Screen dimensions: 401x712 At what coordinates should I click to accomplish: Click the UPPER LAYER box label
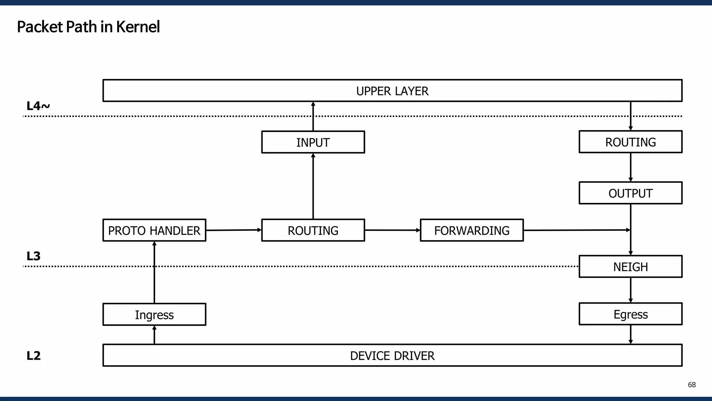(392, 91)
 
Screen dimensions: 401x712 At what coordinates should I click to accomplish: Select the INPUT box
(313, 142)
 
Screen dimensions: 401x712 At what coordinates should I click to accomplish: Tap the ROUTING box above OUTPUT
(630, 142)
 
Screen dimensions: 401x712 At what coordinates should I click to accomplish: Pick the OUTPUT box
(630, 193)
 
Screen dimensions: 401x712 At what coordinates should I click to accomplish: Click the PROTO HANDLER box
(154, 230)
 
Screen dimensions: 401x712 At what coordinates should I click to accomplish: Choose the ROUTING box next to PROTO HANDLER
(313, 230)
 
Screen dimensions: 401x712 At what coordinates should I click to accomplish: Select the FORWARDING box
(471, 230)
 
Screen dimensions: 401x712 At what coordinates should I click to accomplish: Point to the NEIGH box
(630, 267)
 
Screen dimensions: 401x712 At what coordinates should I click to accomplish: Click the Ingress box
(154, 315)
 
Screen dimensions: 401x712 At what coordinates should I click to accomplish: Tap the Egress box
(630, 314)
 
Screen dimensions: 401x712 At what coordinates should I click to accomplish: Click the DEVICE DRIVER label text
(392, 356)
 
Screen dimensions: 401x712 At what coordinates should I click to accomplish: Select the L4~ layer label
(38, 106)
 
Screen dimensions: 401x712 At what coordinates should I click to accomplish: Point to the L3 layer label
(33, 256)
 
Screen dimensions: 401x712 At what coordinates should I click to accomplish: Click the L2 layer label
(33, 356)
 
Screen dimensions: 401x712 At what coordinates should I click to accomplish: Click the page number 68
(691, 385)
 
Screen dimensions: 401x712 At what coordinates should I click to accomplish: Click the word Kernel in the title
(138, 27)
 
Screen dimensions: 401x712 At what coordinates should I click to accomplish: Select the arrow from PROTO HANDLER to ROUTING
(233, 230)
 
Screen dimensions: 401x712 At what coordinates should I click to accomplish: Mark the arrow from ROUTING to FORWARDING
(392, 230)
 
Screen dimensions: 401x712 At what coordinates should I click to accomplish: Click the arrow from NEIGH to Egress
(631, 290)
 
